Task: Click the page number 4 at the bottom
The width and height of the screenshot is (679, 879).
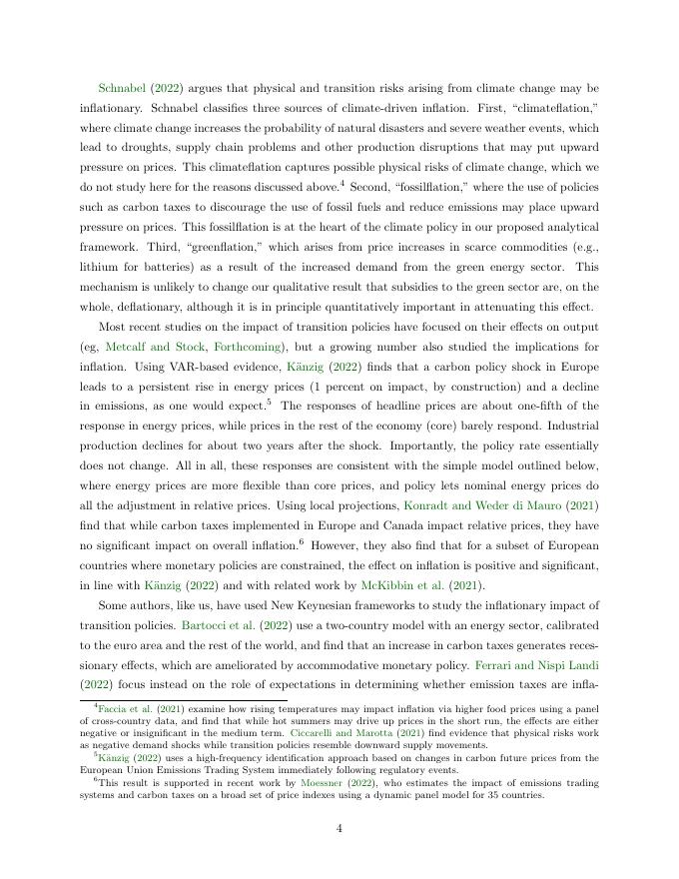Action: click(339, 826)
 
